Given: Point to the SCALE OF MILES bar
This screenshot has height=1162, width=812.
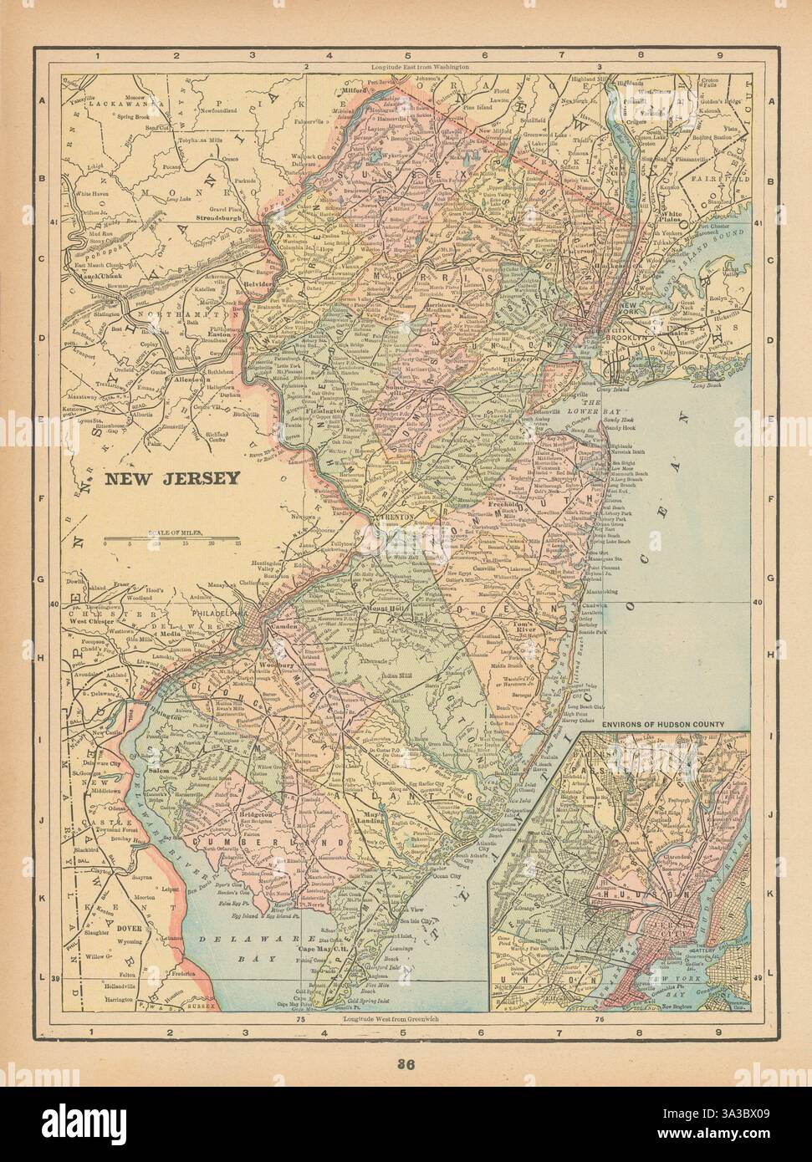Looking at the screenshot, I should pyautogui.click(x=171, y=538).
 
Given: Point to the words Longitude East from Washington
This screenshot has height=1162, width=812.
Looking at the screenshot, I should pyautogui.click(x=421, y=66).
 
